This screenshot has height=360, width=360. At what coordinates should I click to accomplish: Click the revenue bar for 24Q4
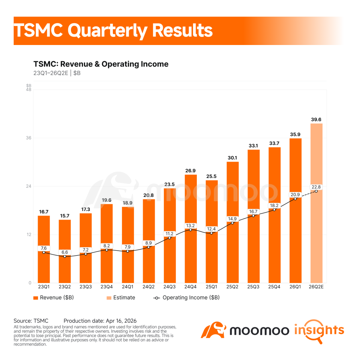pyautogui.click(x=191, y=229)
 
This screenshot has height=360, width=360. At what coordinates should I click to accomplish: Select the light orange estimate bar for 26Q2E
pyautogui.click(x=316, y=203)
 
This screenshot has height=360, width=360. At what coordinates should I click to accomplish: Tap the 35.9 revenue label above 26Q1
pyautogui.click(x=295, y=135)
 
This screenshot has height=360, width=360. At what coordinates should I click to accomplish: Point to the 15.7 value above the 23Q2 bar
pyautogui.click(x=65, y=216)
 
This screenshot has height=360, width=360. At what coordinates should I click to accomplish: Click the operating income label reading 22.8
pyautogui.click(x=316, y=187)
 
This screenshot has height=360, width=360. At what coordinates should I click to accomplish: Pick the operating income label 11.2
pyautogui.click(x=169, y=234)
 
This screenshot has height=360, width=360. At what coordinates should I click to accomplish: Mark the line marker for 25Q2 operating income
pyautogui.click(x=232, y=223)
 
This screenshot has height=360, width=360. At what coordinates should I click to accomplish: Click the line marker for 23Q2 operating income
pyautogui.click(x=65, y=256)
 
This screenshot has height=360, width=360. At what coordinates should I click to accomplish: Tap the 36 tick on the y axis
pyautogui.click(x=28, y=138)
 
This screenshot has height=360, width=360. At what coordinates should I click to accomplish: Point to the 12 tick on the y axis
pyautogui.click(x=29, y=234)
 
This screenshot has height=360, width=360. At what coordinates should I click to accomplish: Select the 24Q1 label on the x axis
pyautogui.click(x=128, y=287)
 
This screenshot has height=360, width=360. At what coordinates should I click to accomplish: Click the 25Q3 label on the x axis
pyautogui.click(x=253, y=287)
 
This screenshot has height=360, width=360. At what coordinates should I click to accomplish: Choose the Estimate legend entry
pyautogui.click(x=121, y=298)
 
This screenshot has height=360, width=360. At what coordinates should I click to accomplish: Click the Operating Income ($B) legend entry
pyautogui.click(x=186, y=298)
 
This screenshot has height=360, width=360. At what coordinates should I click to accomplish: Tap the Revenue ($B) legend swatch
pyautogui.click(x=36, y=298)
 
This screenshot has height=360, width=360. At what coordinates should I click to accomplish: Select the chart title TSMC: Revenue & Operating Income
pyautogui.click(x=101, y=64)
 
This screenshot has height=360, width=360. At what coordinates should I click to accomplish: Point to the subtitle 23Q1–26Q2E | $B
pyautogui.click(x=57, y=73)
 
